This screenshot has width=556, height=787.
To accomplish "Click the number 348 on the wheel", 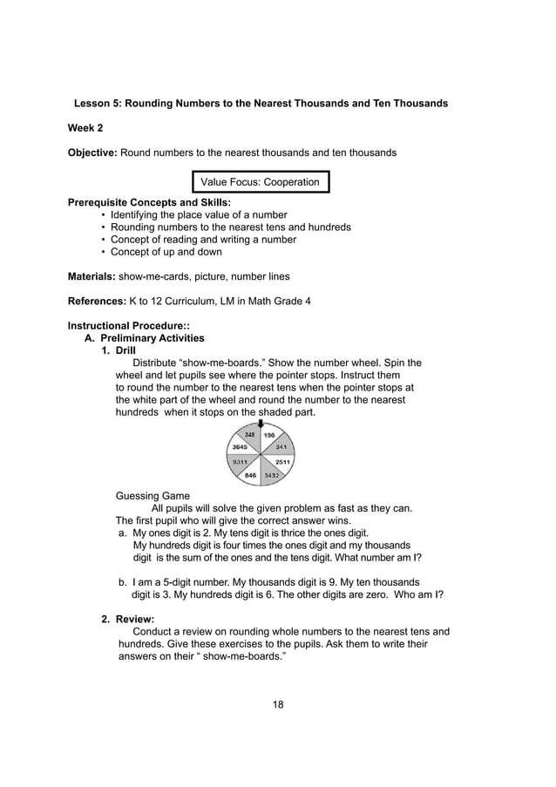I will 249,434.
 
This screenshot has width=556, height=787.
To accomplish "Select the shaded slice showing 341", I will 281,446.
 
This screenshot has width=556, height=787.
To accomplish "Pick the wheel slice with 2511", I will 282,462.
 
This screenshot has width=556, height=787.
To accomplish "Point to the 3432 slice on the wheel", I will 272,475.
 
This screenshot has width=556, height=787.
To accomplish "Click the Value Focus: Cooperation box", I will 261,183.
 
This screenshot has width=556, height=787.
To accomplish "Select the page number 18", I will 278,704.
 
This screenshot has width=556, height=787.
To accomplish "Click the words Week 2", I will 85,128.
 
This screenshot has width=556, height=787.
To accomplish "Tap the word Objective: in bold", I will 92,153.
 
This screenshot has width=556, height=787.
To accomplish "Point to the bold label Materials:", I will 92,277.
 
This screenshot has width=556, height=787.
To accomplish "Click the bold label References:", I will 97,302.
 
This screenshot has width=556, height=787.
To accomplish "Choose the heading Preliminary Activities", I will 152,338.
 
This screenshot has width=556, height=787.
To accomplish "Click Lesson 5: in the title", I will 99,104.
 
